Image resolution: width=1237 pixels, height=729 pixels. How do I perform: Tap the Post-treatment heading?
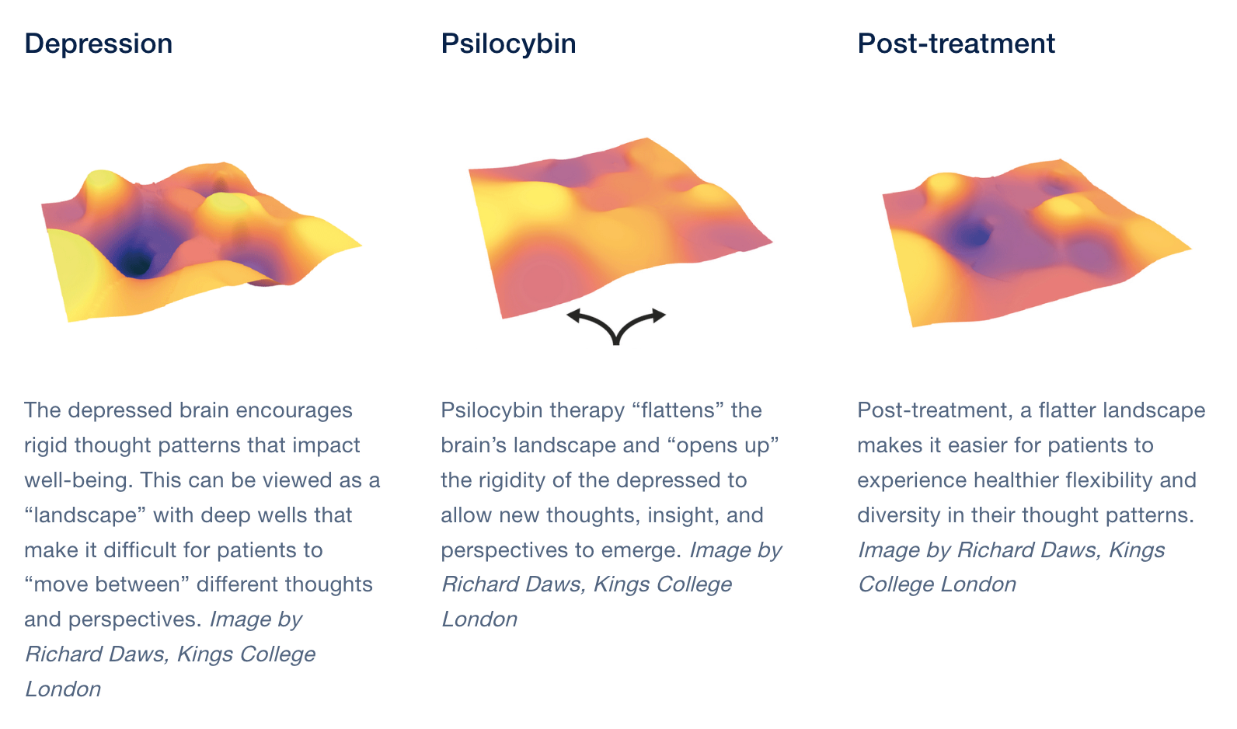[956, 44]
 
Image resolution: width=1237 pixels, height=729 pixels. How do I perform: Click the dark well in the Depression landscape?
[135, 262]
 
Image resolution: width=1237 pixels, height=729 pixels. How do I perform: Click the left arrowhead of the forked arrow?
[574, 316]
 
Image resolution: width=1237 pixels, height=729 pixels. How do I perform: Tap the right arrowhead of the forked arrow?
[658, 316]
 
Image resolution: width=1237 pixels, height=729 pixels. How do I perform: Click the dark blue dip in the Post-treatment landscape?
[972, 235]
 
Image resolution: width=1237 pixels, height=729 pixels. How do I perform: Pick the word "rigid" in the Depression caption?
[46, 445]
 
